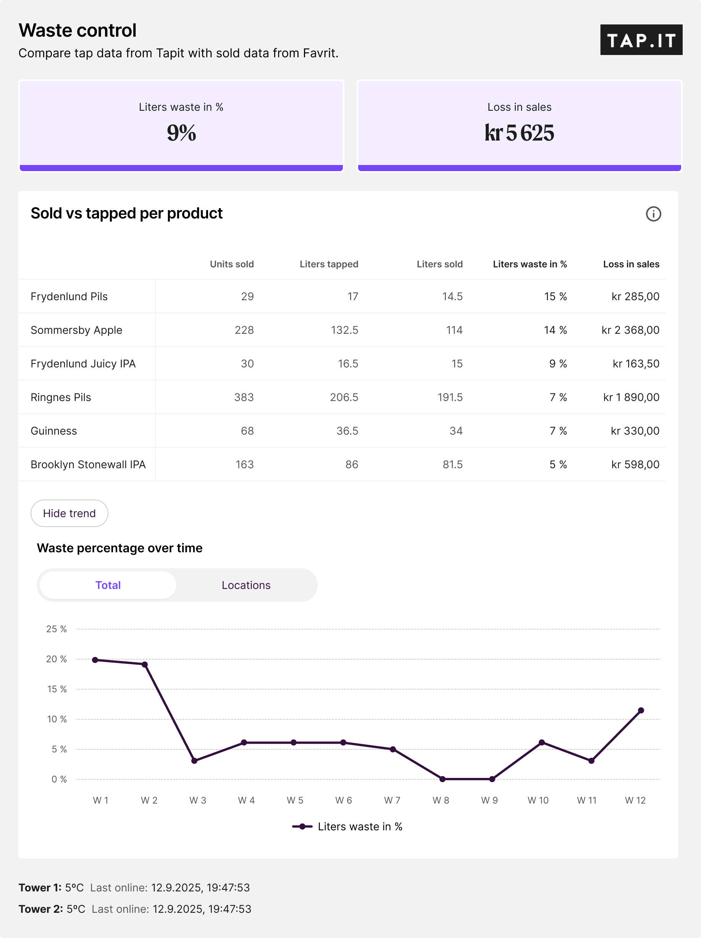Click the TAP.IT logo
point(641,40)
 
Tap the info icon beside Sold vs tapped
point(653,214)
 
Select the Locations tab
point(246,585)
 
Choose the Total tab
point(108,585)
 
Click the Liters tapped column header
point(329,264)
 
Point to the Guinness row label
point(54,431)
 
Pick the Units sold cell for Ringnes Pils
point(244,397)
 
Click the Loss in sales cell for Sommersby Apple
point(630,330)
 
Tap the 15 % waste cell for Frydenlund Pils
point(555,296)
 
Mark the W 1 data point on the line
point(95,660)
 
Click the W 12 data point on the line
point(641,710)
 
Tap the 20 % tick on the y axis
point(57,659)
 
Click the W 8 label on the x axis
point(441,800)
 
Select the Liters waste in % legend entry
point(347,826)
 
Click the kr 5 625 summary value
point(519,133)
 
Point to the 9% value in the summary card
point(181,133)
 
